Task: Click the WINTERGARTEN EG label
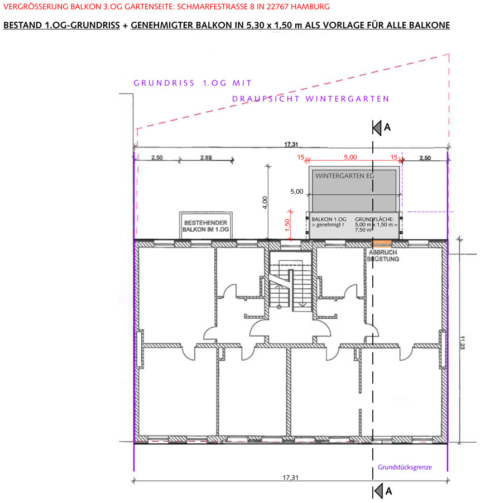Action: tap(344, 176)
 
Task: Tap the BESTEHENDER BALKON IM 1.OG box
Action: tap(206, 226)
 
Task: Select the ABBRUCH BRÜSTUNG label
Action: tap(383, 256)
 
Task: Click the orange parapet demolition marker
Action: tap(382, 243)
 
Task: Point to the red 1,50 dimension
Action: tap(287, 224)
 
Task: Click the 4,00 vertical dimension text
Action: tap(265, 203)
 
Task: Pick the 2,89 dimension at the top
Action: tap(206, 157)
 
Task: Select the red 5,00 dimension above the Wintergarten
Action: tap(351, 157)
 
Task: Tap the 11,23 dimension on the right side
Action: tap(462, 342)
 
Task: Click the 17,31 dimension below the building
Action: tap(290, 477)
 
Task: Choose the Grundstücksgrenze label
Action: tap(405, 467)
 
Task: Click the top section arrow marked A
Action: tap(377, 128)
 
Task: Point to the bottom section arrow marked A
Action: tap(378, 491)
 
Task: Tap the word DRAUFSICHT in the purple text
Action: tap(266, 99)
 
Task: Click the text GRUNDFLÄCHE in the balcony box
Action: tap(374, 219)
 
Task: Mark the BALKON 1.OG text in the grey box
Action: tap(329, 219)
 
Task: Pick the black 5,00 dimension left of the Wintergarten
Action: tap(296, 192)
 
